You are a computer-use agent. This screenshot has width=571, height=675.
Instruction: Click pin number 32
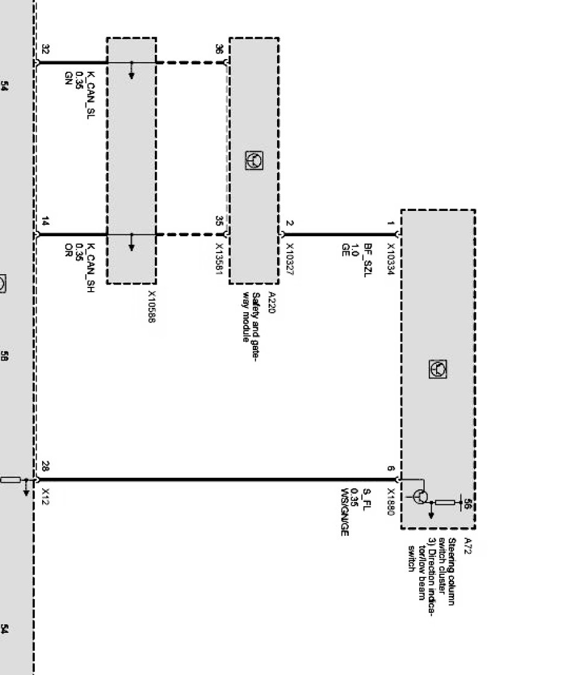pyautogui.click(x=46, y=50)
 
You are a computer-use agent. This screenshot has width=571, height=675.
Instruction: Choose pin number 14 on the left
pyautogui.click(x=46, y=222)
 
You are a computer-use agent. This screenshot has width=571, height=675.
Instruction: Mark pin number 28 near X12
pyautogui.click(x=46, y=466)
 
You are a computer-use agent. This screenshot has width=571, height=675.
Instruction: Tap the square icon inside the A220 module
pyautogui.click(x=254, y=160)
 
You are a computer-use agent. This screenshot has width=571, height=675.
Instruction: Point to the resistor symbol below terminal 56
pyautogui.click(x=445, y=501)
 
